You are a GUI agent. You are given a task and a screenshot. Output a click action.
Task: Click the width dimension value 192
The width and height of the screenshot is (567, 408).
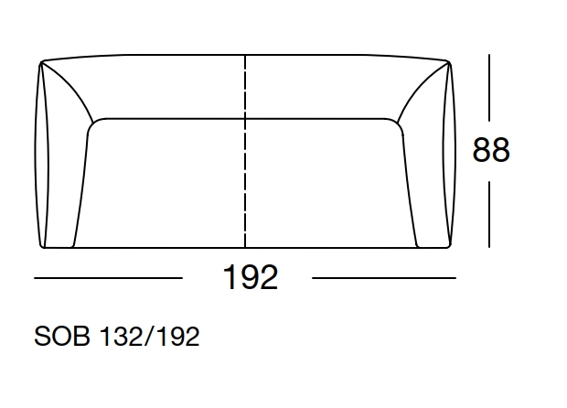tap(250, 276)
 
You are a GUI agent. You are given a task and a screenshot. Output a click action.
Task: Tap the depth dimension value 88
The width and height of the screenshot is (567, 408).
tap(490, 150)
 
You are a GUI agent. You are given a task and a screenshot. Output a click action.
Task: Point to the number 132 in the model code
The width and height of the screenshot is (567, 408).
tap(126, 337)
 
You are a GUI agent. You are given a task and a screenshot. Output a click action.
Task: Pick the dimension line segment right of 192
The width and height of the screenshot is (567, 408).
tap(384, 277)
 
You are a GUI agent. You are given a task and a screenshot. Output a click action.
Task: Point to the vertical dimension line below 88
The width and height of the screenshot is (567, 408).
tap(489, 212)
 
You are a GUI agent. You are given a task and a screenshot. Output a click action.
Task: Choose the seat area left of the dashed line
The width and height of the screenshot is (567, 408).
tap(165, 183)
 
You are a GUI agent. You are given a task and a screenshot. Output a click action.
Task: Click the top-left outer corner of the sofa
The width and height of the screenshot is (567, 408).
tap(41, 62)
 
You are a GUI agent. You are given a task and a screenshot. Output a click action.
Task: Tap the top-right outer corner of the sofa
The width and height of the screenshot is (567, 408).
tap(448, 62)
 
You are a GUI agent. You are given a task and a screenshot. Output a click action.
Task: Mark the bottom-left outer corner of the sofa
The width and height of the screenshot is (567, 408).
tap(42, 247)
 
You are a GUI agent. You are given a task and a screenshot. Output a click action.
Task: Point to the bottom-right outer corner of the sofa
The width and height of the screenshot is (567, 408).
tap(448, 247)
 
